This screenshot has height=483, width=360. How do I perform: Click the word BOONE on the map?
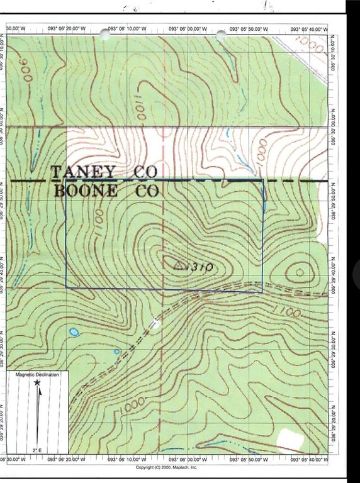[86, 192]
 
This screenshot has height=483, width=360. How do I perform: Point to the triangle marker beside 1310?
[178, 265]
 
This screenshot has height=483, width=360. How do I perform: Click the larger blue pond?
[74, 331]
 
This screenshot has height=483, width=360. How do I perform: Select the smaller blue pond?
[116, 352]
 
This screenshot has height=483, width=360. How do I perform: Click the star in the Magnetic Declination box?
[38, 382]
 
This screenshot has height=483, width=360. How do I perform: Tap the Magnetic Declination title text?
[37, 375]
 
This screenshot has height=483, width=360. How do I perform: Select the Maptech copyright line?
[166, 468]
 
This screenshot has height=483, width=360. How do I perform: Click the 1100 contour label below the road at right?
[286, 311]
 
